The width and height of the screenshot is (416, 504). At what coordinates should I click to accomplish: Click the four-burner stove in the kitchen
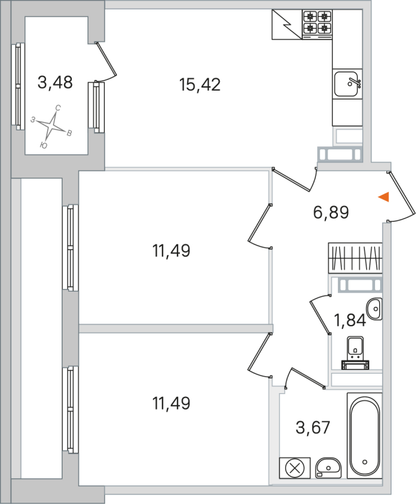317,23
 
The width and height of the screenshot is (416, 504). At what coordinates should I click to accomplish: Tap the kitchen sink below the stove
346,83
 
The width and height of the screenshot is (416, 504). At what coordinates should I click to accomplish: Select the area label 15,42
200,84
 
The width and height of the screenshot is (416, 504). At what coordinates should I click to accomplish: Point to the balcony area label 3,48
55,82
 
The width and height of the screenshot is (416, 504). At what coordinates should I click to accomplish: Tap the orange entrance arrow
384,197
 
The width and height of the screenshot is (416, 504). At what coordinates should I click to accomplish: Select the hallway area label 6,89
331,212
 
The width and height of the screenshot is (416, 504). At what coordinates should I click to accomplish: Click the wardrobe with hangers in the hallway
355,258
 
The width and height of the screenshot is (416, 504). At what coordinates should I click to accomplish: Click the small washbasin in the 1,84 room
376,309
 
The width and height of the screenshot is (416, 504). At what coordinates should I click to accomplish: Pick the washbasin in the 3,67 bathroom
329,467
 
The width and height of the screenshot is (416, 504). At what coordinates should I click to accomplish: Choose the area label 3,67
313,428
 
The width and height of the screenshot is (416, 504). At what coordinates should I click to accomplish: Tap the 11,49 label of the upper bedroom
171,251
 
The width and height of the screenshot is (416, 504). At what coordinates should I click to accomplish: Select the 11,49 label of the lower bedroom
171,402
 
